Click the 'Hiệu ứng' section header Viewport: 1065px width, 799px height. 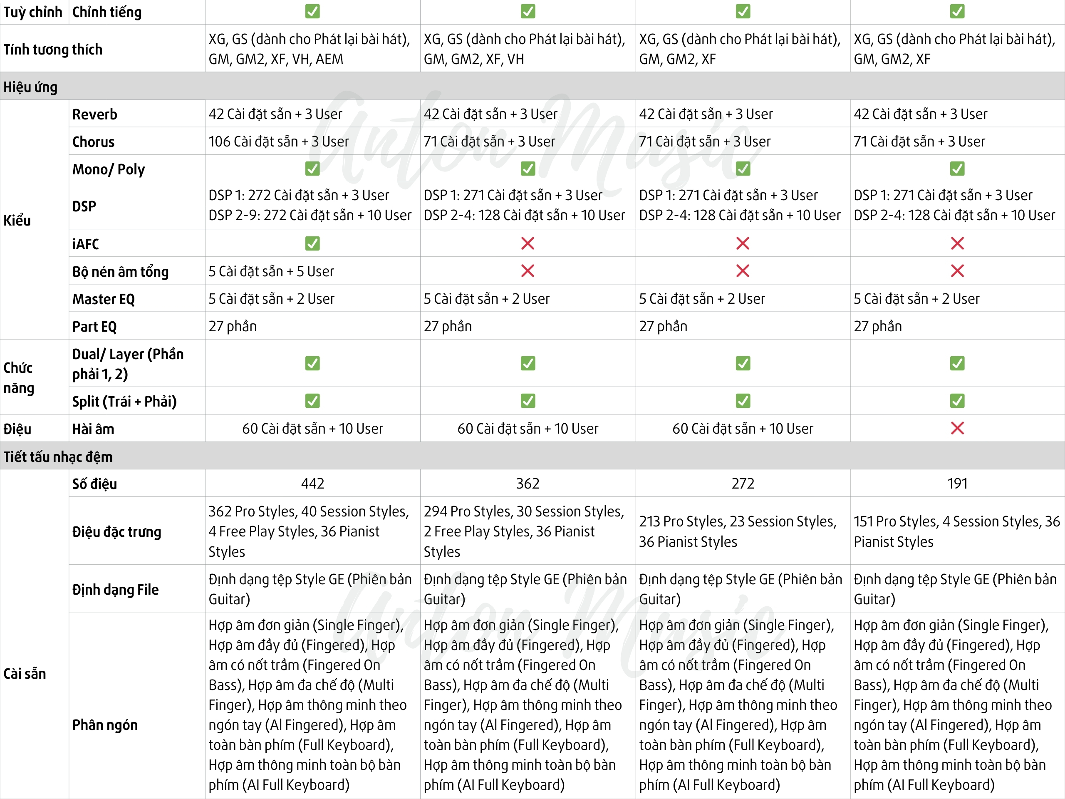30,87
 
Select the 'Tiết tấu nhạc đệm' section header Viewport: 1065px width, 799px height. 58,457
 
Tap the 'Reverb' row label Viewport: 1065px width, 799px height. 95,114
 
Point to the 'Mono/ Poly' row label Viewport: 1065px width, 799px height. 108,169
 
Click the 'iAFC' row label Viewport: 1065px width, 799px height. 85,244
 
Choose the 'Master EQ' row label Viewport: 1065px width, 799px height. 104,299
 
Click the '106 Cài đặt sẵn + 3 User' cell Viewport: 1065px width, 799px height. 278,141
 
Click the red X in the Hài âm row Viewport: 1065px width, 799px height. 957,428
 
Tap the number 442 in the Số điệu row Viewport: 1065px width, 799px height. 312,484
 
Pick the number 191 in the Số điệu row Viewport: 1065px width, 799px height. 957,484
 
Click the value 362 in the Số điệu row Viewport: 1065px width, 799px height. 528,484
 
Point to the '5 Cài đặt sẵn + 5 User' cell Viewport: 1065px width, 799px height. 271,272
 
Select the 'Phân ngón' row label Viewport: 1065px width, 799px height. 105,725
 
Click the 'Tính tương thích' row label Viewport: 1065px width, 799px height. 53,49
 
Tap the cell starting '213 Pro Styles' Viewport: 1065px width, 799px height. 738,531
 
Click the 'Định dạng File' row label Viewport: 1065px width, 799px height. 115,590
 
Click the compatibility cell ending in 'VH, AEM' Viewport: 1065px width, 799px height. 309,49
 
